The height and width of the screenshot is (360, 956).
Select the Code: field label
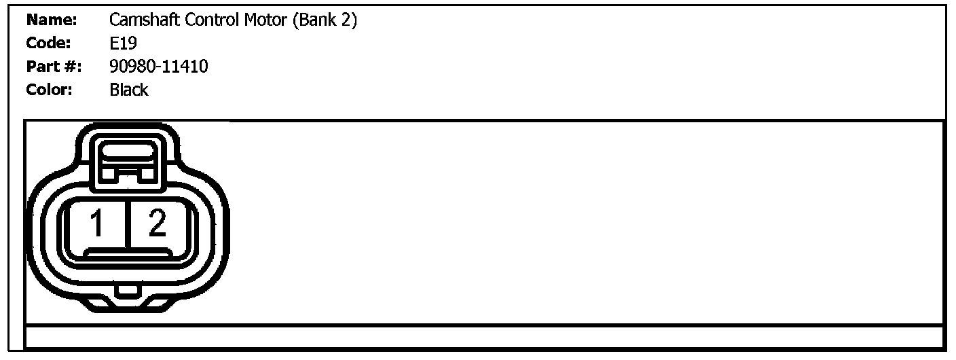(x=48, y=44)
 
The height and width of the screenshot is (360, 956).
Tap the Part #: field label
(x=54, y=67)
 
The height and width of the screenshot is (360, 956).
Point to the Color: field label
(x=50, y=90)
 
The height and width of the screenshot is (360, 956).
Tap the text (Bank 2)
(x=325, y=21)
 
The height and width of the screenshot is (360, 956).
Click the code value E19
(x=123, y=44)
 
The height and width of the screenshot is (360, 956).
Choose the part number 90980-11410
(x=158, y=67)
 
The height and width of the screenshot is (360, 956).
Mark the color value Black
(x=128, y=90)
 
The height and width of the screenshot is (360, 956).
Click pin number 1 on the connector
(x=97, y=223)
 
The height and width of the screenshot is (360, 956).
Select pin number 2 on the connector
(x=157, y=223)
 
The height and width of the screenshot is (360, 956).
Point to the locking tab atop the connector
(x=128, y=160)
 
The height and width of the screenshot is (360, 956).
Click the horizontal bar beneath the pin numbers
(x=127, y=253)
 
